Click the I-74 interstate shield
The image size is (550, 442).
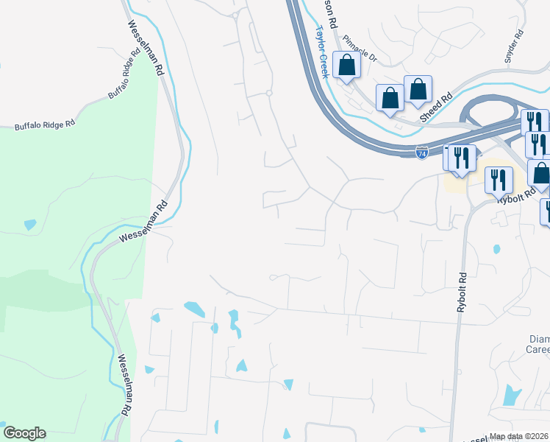pos(421,153)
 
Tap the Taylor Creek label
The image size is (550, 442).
pos(321,52)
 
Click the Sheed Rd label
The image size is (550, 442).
pos(436,109)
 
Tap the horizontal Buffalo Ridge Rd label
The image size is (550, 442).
pos(45,125)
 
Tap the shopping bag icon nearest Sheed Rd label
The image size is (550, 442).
pos(417,89)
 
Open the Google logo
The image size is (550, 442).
pos(24,433)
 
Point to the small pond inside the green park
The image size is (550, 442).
pos(29,224)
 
